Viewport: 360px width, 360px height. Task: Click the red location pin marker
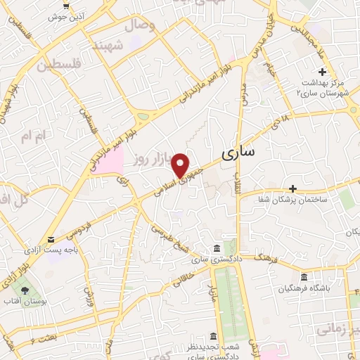point(183,165)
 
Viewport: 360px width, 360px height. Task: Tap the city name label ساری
point(238,153)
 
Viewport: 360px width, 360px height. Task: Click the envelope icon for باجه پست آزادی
point(50,240)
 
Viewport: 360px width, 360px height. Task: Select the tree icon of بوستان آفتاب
point(26,290)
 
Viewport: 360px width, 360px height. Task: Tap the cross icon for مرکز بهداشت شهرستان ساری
point(322,72)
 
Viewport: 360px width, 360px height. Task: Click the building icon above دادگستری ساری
point(216,249)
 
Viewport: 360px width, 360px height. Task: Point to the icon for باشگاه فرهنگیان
point(304,277)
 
